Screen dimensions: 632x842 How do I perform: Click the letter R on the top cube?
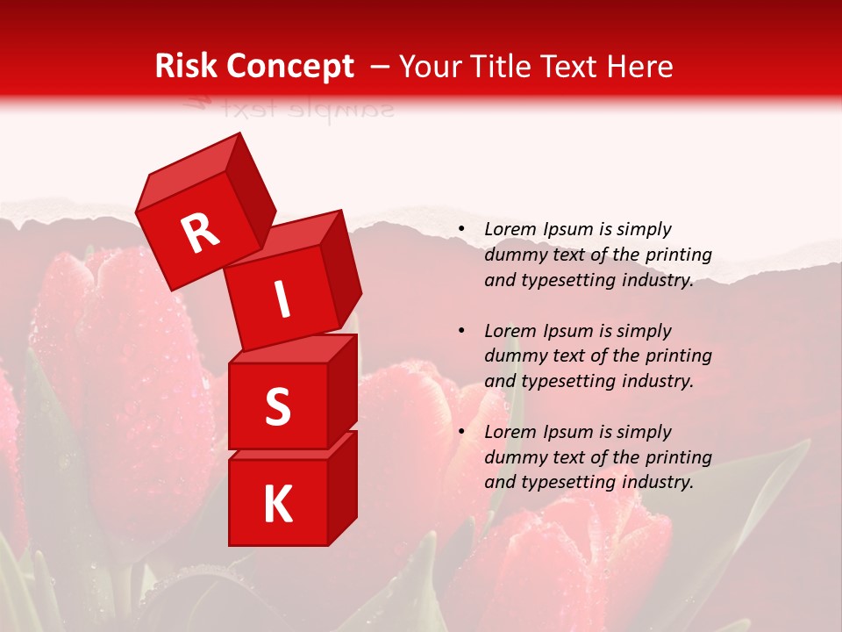point(200,233)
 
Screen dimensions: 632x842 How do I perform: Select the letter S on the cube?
point(277,407)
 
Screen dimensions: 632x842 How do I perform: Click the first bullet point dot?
point(460,230)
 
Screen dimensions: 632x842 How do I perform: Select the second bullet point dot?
point(460,332)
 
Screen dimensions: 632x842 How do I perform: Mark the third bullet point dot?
point(460,433)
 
